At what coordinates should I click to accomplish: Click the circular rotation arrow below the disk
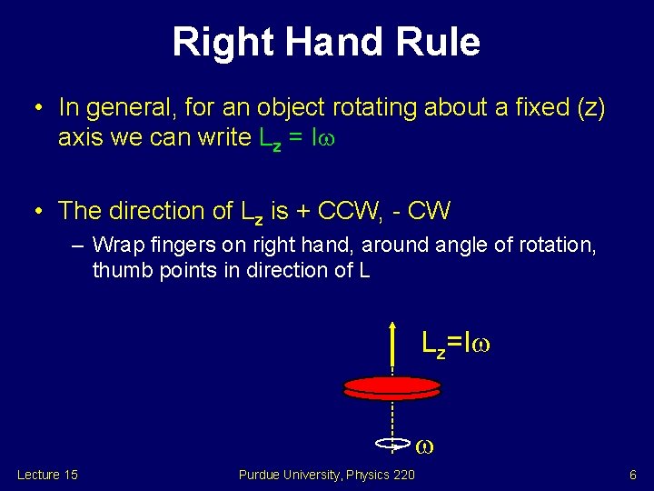[392, 445]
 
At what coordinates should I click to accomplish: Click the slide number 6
[632, 475]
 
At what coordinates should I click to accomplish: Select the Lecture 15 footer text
[47, 475]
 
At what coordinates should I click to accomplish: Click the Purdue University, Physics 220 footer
[327, 475]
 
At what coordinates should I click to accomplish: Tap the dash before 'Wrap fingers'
[79, 245]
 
